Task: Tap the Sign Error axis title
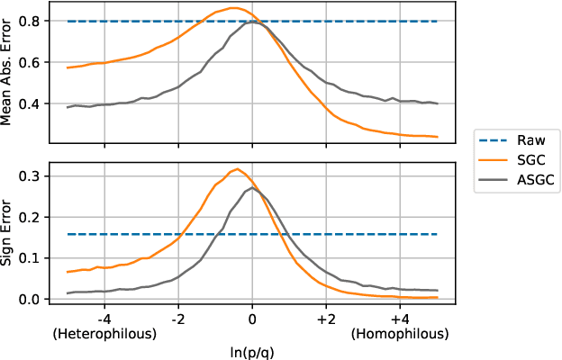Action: point(9,233)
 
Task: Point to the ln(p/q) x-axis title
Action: point(252,350)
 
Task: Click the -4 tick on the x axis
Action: point(104,318)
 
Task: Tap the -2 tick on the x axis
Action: point(178,318)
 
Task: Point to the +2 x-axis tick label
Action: point(326,318)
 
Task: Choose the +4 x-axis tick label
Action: point(400,318)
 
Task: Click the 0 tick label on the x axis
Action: point(252,318)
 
